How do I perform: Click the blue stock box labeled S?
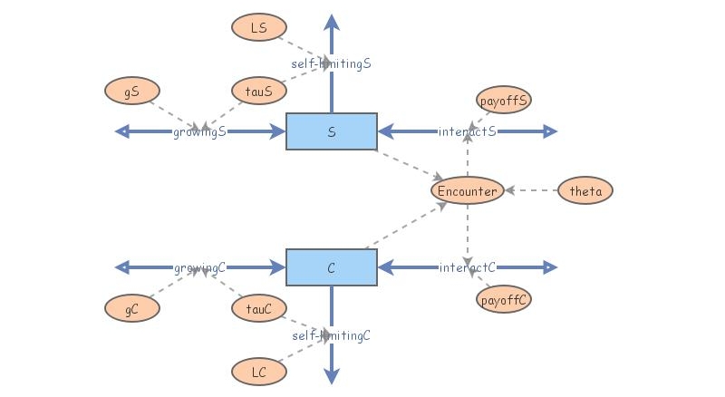332,131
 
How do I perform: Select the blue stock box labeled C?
332,267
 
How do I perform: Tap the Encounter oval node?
467,190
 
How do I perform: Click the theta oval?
585,190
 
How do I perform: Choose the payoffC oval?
503,299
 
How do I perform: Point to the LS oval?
258,28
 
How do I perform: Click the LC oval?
258,372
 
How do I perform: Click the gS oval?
132,91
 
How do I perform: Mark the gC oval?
132,308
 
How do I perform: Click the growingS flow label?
199,131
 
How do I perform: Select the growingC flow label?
199,267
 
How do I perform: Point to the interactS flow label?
468,131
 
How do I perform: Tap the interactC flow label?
468,267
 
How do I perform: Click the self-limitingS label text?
332,63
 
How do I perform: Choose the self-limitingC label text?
332,335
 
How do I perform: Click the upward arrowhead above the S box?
332,23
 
